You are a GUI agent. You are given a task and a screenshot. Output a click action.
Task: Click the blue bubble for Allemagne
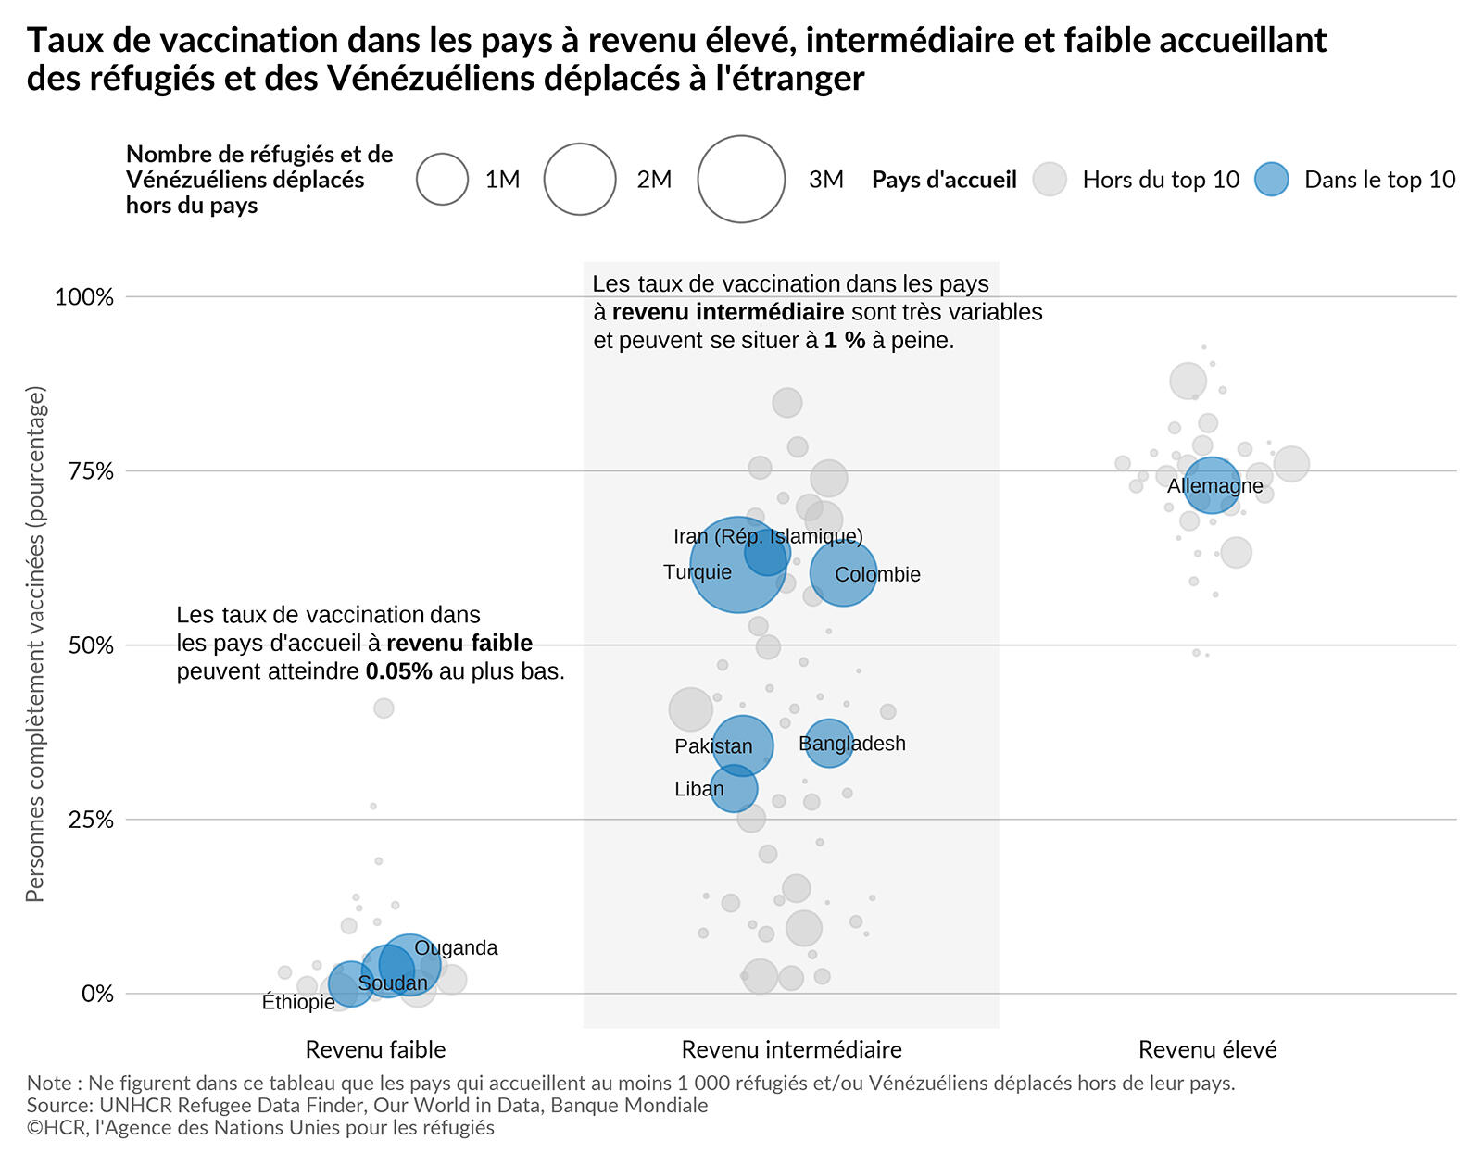coord(1211,484)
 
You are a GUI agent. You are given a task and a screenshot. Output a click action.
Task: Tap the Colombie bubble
coord(843,573)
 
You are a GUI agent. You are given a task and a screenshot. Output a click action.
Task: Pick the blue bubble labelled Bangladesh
coord(829,743)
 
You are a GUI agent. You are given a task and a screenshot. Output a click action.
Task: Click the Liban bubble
coord(734,788)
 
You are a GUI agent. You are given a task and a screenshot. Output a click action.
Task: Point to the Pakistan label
coord(713,746)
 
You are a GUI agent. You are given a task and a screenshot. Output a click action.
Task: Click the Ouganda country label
coord(456,947)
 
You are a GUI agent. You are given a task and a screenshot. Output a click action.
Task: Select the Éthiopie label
coord(298,1002)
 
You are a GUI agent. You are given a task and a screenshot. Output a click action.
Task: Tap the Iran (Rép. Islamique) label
coord(768,536)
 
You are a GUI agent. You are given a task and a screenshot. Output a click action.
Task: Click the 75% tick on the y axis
coord(92,471)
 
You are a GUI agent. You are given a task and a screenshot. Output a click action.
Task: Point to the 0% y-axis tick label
coord(97,994)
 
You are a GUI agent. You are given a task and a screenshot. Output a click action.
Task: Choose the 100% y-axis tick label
coord(84,297)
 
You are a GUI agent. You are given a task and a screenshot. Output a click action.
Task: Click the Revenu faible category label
coord(375,1049)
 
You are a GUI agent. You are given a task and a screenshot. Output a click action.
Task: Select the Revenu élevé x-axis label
coord(1207,1049)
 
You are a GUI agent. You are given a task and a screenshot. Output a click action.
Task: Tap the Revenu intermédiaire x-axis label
coord(791,1049)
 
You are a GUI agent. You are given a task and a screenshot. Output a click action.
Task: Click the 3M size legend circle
coord(741,179)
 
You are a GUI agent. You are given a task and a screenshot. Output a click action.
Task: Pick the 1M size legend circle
coord(443,179)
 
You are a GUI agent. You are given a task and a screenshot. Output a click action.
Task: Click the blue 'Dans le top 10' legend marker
coord(1272,179)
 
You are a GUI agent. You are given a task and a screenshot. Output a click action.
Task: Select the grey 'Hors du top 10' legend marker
coord(1050,179)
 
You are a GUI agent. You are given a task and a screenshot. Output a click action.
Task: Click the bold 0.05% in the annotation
coord(398,671)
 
